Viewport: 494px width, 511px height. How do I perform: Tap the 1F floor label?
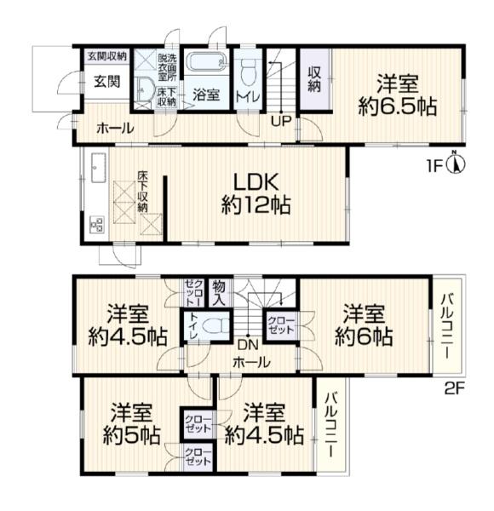435,167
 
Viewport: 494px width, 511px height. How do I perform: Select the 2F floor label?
454,388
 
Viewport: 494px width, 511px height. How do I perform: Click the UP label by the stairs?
281,122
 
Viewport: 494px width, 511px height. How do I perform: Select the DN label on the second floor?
248,345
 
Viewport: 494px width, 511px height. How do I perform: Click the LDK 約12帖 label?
256,193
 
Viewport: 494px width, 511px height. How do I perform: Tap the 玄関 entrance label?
107,82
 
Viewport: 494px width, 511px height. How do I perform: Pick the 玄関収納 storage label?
106,56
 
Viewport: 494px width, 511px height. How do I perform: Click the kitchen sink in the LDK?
99,168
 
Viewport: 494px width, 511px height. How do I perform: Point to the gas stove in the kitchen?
97,225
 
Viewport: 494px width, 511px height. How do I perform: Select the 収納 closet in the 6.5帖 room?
315,79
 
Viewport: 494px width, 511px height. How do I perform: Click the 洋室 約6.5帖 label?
397,95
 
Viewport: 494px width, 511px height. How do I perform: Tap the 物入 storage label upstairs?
219,293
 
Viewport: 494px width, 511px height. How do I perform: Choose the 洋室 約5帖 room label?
131,423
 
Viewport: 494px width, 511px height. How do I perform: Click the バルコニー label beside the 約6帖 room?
447,326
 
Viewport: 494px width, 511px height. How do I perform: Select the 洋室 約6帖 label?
364,324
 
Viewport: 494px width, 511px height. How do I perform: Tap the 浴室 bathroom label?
206,95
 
